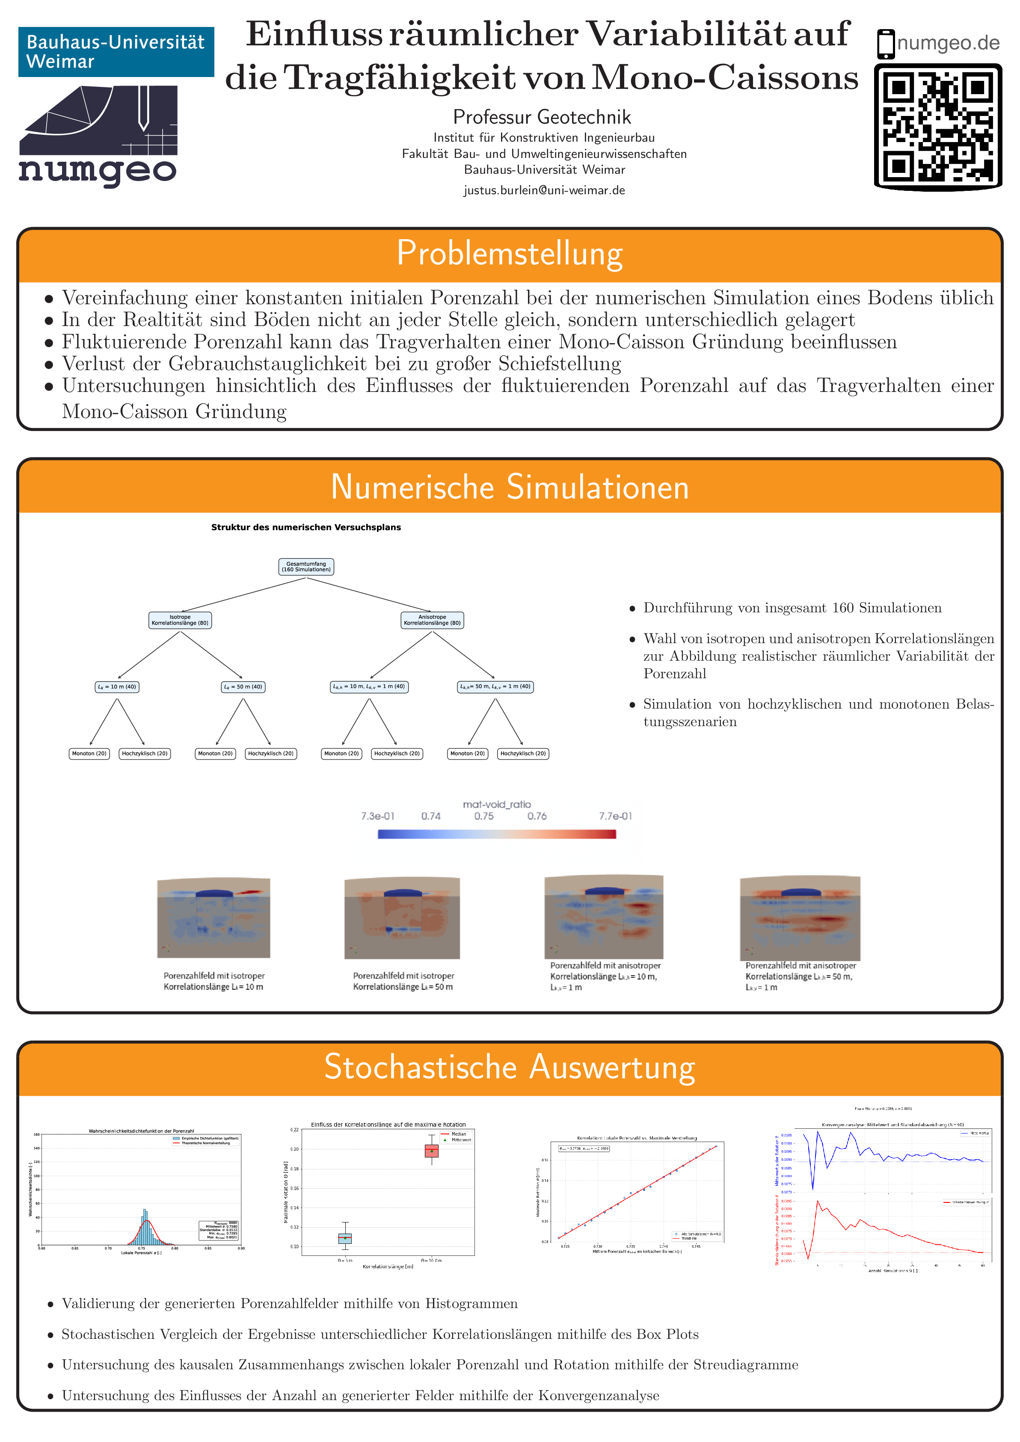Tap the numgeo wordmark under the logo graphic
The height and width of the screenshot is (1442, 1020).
click(98, 171)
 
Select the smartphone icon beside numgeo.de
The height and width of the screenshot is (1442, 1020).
click(886, 44)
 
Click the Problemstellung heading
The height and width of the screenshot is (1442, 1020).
click(510, 254)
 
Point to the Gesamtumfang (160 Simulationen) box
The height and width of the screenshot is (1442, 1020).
click(306, 567)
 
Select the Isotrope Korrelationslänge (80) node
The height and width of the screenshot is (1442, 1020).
click(180, 620)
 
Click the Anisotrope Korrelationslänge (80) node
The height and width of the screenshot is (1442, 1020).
click(432, 620)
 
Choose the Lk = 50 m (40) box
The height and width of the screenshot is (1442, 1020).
click(243, 686)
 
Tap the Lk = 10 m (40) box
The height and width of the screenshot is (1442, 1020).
click(117, 686)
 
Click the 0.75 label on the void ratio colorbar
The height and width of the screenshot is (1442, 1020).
click(483, 816)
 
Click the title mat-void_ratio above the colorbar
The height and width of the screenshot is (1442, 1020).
click(497, 804)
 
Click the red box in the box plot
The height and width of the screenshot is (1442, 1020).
click(432, 1151)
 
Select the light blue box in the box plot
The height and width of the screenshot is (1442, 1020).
click(345, 1238)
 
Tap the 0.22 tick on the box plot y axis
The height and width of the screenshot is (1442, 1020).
click(294, 1130)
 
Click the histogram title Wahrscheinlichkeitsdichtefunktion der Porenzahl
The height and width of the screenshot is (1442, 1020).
click(141, 1131)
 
